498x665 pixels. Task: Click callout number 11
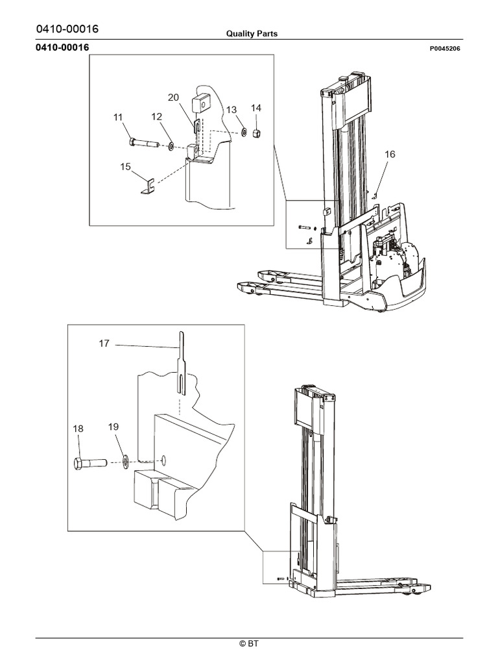click(117, 117)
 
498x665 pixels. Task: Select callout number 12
click(157, 116)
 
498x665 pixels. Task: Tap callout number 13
click(232, 109)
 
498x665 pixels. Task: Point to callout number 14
click(256, 108)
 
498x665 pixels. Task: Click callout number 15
click(126, 167)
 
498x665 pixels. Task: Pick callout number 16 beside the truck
click(390, 155)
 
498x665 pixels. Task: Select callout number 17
click(104, 344)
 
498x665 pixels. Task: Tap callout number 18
click(78, 429)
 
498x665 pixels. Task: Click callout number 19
click(113, 427)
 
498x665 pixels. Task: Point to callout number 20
click(173, 97)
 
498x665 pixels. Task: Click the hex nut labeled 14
click(255, 133)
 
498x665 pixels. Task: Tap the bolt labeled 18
click(90, 464)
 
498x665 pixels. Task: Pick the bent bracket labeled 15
click(147, 187)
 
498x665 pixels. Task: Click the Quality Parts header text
click(252, 34)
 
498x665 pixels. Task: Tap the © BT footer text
click(249, 644)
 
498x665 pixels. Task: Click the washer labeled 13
click(243, 132)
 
